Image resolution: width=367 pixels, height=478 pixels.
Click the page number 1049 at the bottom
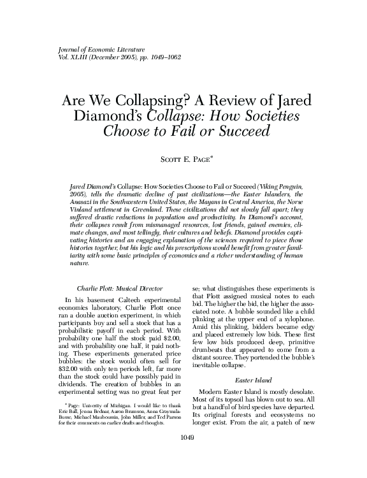click(183, 456)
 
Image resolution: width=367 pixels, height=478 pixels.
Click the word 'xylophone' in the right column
click(293, 322)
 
